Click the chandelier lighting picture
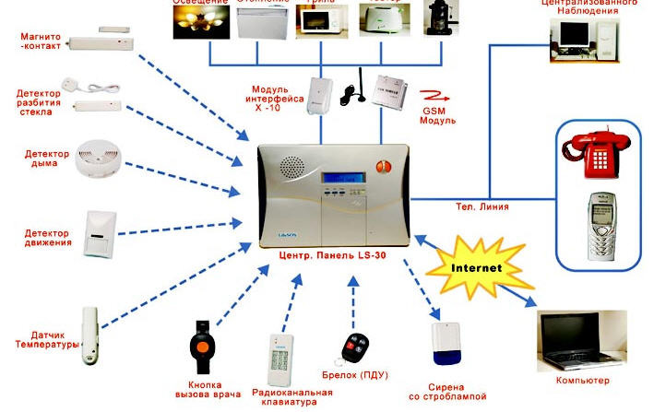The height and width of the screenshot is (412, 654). click(199, 22)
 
